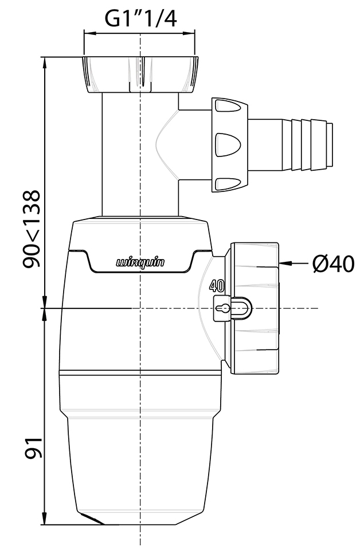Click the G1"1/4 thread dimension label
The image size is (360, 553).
140,19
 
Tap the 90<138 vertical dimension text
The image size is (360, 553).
32,229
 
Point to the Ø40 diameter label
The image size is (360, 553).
334,264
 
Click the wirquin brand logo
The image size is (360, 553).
140,263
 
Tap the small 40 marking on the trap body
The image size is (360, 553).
216,285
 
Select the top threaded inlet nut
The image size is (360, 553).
140,74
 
